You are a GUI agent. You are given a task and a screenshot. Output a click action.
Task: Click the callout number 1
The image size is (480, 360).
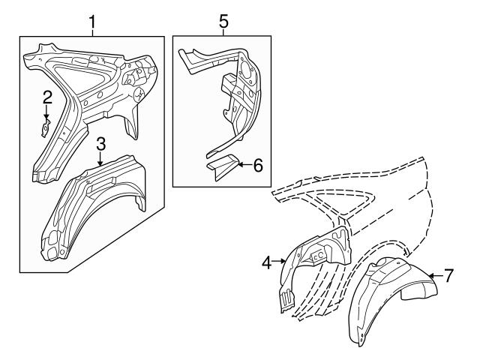click(92, 22)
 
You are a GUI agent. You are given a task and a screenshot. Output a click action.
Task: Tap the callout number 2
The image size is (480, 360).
click(47, 97)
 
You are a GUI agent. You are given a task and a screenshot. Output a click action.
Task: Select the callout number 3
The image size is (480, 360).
click(101, 144)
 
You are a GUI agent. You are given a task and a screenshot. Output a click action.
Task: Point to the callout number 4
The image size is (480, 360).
click(267, 262)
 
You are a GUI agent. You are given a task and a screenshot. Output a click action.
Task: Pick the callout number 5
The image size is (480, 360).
click(223, 22)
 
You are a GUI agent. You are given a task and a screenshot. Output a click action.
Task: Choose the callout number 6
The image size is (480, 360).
click(258, 165)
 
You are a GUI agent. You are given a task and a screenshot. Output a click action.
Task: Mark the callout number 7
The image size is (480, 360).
click(448, 276)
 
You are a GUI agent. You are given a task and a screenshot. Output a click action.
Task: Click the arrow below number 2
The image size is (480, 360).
click(46, 112)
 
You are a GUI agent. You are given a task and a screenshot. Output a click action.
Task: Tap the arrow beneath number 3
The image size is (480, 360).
click(100, 159)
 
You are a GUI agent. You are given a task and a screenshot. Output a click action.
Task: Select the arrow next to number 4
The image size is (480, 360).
click(278, 261)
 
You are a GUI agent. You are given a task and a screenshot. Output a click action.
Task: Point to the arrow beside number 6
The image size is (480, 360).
click(244, 165)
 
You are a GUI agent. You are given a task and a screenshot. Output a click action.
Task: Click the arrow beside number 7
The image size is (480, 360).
click(435, 276)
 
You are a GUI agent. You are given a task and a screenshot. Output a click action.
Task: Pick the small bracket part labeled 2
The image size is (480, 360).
click(46, 128)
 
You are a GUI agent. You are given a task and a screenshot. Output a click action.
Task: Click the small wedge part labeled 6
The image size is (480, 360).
click(223, 166)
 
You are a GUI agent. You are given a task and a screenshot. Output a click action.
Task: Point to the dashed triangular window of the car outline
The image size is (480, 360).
click(340, 200)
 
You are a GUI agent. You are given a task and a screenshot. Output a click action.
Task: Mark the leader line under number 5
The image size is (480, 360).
click(223, 32)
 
